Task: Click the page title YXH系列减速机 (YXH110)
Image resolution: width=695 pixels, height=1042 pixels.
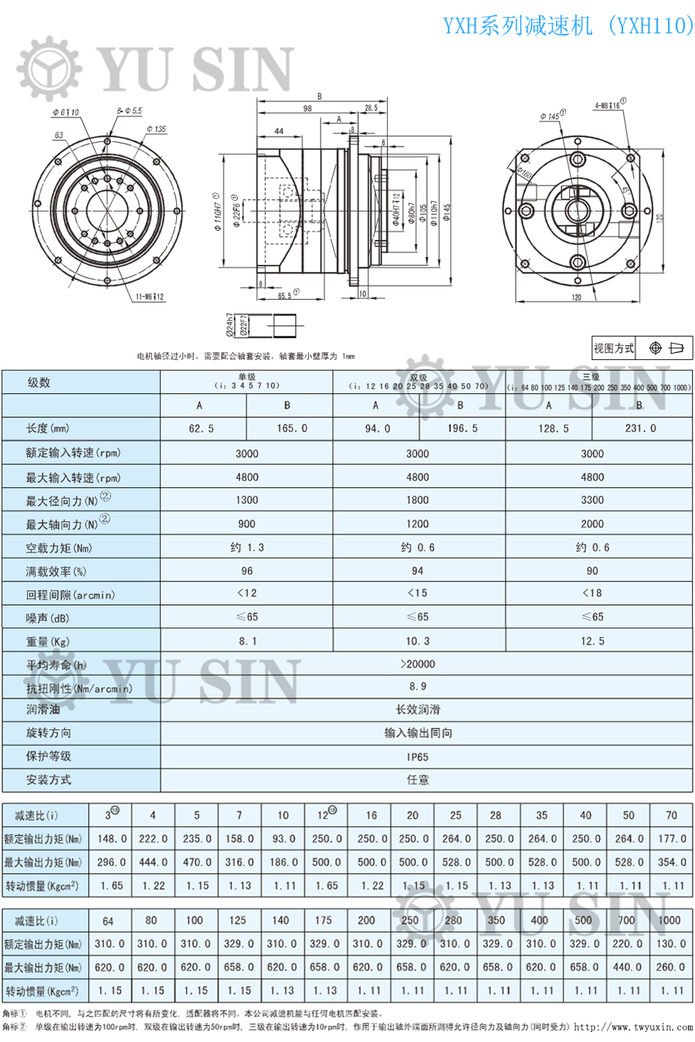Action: (568, 25)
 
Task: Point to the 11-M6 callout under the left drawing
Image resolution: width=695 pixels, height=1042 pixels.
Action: (150, 297)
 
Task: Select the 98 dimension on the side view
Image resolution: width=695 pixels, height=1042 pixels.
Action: (307, 109)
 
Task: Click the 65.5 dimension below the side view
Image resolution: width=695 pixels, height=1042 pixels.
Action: (286, 295)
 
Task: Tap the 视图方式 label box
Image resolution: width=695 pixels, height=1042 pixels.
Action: (613, 348)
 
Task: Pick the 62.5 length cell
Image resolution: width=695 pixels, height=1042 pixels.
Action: (202, 428)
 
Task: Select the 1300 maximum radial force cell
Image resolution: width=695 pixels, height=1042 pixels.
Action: (247, 501)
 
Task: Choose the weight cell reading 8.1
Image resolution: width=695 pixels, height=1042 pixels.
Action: (247, 641)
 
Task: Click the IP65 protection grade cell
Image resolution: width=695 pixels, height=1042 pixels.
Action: (418, 757)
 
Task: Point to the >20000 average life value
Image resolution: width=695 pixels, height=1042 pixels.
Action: (418, 664)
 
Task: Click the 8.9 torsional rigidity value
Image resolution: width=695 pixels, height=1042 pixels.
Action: (418, 687)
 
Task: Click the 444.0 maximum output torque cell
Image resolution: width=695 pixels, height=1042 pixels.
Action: (153, 862)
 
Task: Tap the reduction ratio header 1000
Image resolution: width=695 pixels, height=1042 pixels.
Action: (669, 920)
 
